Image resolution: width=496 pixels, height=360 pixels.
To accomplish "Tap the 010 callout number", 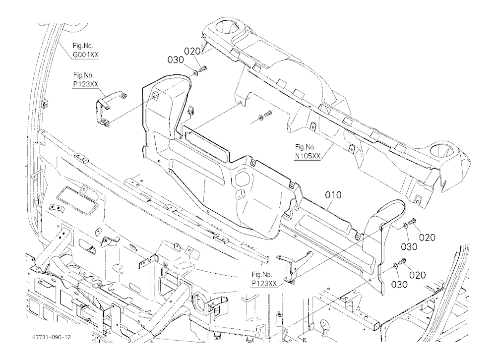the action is (x=333, y=195).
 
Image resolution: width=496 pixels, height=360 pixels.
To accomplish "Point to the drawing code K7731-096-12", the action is (x=52, y=337).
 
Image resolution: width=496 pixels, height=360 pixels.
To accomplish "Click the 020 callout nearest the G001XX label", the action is (x=192, y=51).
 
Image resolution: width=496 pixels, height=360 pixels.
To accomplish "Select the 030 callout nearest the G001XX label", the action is (x=176, y=60).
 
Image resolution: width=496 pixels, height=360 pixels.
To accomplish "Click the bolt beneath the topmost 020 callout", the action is (x=203, y=68).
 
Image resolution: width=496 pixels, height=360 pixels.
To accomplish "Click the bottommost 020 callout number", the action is (x=418, y=275).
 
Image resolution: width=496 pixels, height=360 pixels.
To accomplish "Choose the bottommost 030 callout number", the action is (x=399, y=285).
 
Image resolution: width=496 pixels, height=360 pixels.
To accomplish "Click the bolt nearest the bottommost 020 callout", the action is (x=402, y=261).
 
